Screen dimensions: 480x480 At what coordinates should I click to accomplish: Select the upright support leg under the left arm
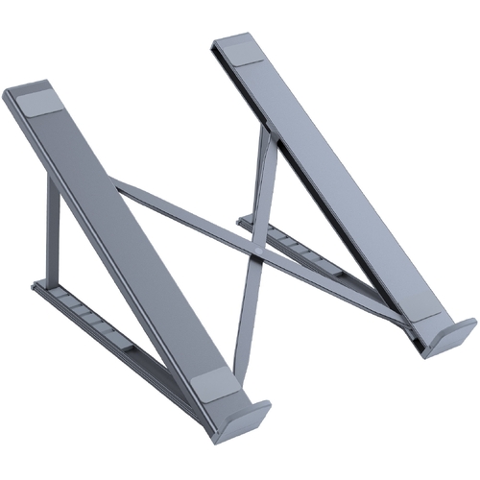point(52,235)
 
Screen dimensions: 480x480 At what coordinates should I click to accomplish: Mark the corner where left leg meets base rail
point(46,286)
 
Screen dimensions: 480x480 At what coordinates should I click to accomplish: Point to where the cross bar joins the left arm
point(118,184)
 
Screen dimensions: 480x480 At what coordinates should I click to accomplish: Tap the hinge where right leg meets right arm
point(272,134)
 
